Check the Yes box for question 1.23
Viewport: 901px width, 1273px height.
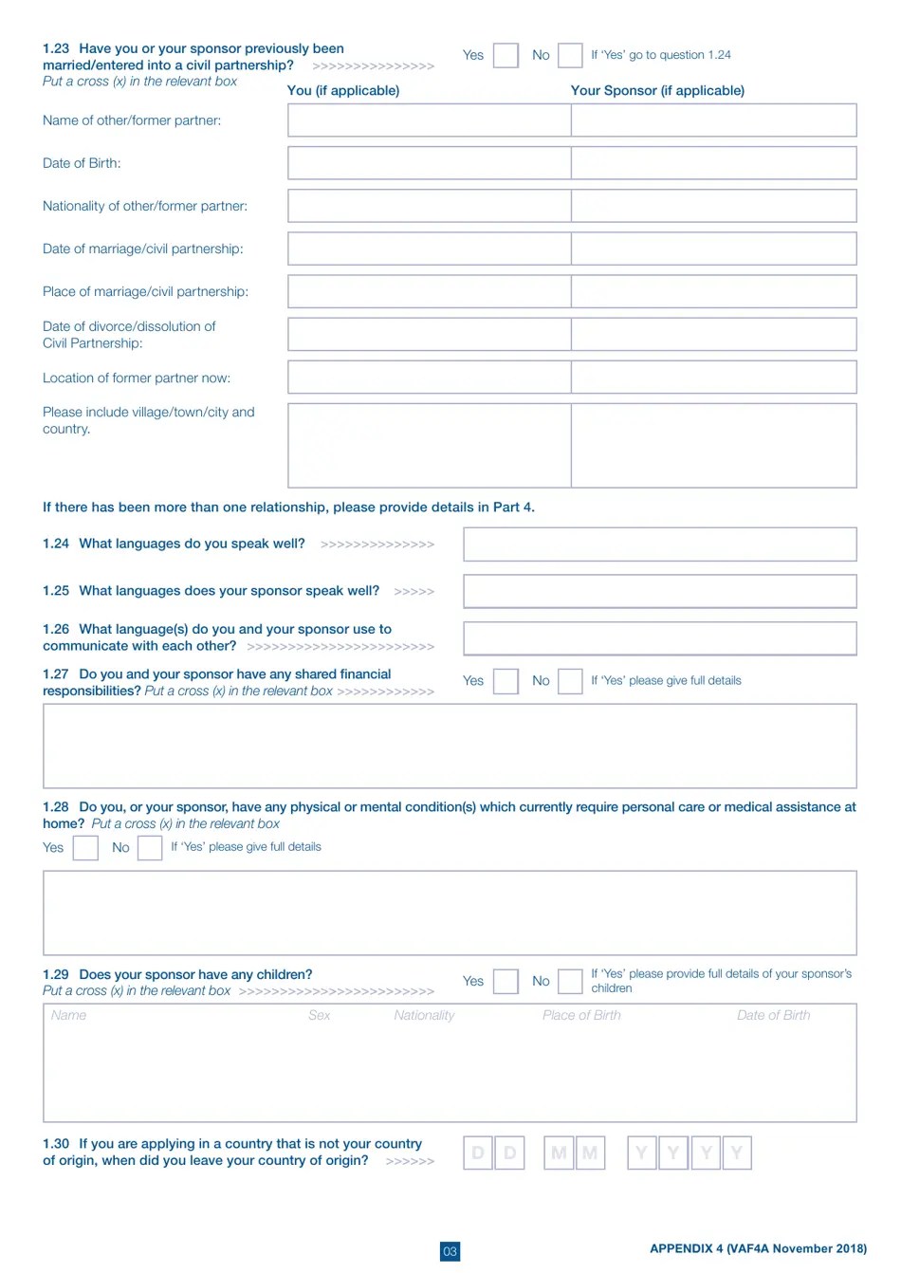point(506,55)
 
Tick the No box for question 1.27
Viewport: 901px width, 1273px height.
point(570,681)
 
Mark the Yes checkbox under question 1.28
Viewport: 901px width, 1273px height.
point(85,847)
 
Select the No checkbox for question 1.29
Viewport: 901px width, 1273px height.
point(570,981)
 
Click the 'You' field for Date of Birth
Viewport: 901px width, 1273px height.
point(429,163)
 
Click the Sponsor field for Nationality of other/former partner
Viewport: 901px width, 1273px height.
point(713,206)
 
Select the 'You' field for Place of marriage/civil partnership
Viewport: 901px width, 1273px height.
point(429,291)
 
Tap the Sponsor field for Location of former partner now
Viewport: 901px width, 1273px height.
point(713,378)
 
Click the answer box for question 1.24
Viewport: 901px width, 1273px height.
point(659,544)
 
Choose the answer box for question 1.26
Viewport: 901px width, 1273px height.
point(659,638)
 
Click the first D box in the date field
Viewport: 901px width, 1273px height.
point(478,1153)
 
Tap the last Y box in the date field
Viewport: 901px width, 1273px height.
point(737,1153)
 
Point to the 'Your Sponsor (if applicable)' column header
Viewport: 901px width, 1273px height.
point(657,91)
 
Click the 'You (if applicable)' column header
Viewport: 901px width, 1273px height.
point(343,91)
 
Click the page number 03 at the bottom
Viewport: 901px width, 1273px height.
point(450,1251)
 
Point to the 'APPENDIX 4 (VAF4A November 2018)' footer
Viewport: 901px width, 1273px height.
point(758,1248)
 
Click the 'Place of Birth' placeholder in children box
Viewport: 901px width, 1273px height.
point(581,1016)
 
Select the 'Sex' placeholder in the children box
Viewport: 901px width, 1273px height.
point(320,1016)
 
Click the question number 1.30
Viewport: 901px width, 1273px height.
point(56,1144)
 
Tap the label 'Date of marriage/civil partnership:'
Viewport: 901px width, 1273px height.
point(143,249)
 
